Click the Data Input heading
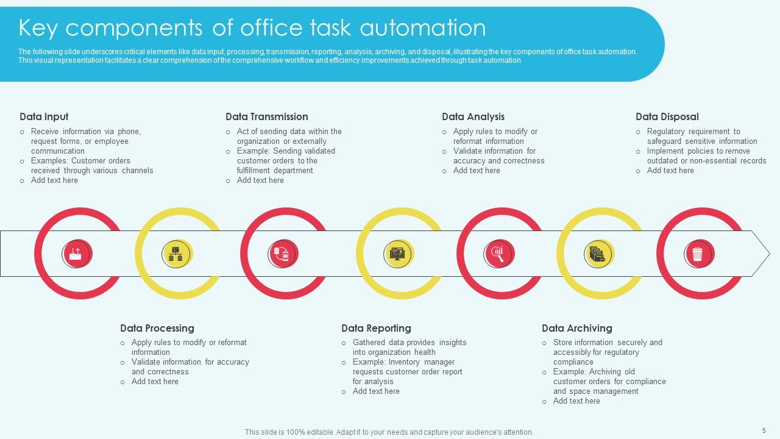click(44, 116)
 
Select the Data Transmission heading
click(267, 116)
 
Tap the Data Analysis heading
click(473, 116)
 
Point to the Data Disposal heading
click(667, 116)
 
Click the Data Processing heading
click(157, 328)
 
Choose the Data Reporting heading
click(376, 328)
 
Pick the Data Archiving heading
click(577, 328)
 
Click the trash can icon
click(698, 254)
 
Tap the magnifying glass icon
click(498, 254)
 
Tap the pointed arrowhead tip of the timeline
click(770, 254)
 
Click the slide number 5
click(764, 430)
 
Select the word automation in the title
click(423, 28)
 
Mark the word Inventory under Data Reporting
click(404, 362)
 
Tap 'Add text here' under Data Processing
click(155, 382)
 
